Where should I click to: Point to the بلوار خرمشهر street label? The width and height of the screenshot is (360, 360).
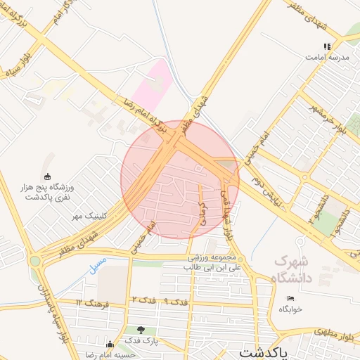tap(330, 122)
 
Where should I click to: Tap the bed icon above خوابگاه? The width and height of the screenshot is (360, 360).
tap(290, 298)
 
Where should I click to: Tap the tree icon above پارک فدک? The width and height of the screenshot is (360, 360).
tap(142, 330)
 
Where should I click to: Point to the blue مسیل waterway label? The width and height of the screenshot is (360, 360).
tap(98, 266)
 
